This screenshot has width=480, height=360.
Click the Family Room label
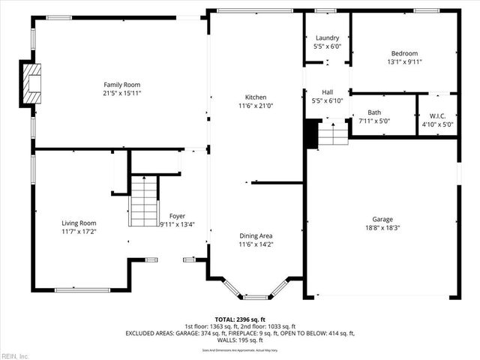[121, 85]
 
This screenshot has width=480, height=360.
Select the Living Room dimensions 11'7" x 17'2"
[79, 232]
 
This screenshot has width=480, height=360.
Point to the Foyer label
[177, 216]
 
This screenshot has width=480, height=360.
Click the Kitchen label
[256, 97]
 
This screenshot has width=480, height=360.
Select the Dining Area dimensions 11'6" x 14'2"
[256, 244]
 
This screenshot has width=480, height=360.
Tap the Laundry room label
[327, 37]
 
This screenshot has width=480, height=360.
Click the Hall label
[327, 91]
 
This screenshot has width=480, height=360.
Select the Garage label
[382, 220]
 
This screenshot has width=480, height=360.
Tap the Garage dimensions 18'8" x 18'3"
[382, 228]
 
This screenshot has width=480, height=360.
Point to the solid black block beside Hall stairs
[312, 133]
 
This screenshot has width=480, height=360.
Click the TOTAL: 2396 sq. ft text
[240, 319]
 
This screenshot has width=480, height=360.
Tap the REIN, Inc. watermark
[15, 355]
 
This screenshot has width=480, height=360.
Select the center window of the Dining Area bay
[256, 297]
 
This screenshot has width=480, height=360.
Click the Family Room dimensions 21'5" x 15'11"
[121, 93]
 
